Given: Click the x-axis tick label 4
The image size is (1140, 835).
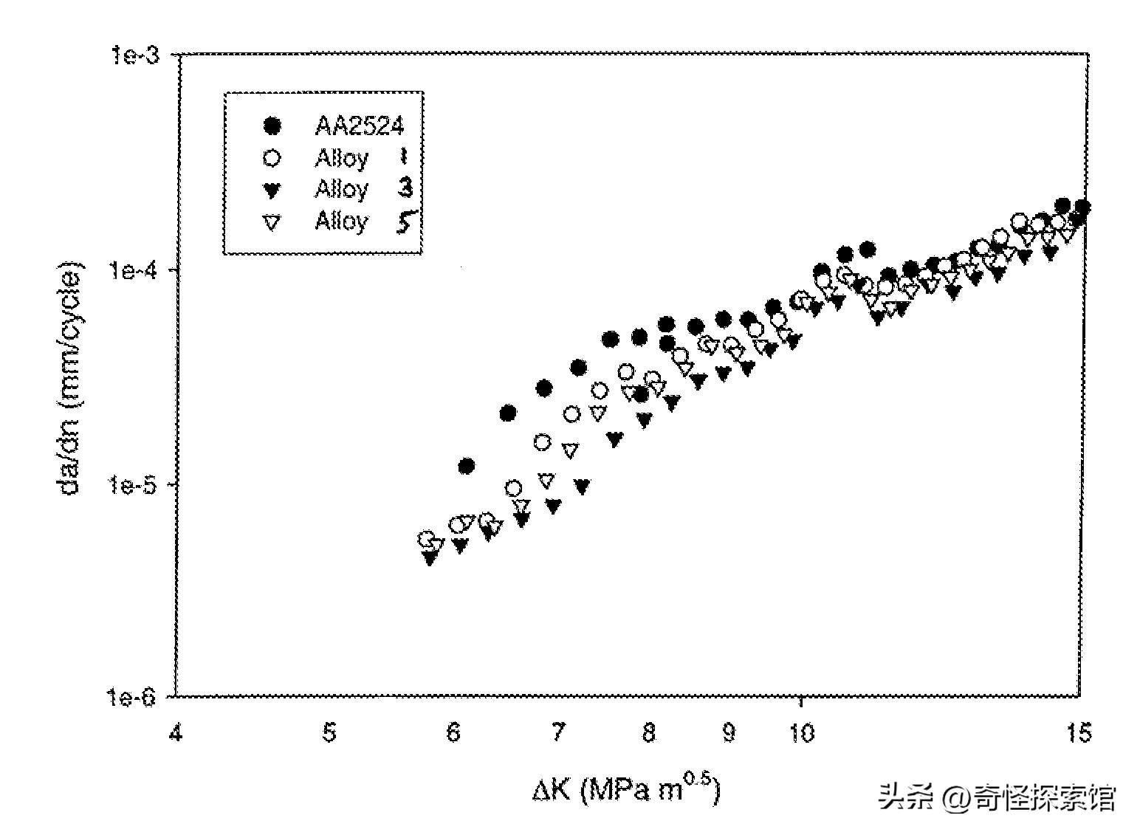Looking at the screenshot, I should point(176,734).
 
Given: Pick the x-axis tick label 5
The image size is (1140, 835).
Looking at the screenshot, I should point(329,734).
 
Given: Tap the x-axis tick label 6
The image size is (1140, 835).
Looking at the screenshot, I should point(454,734).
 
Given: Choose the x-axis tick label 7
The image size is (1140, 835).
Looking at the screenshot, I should point(558,734).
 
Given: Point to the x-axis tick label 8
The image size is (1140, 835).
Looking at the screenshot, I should point(649,734).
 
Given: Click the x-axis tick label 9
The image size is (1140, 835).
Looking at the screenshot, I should point(729,734).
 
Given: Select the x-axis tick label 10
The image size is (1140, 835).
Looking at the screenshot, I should point(801,734).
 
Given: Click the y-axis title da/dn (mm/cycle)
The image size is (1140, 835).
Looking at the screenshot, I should point(72,378).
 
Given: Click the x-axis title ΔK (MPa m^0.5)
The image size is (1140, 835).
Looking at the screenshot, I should point(625,790).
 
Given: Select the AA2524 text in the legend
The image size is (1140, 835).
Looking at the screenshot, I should point(360,126).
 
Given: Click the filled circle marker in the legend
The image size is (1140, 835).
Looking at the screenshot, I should point(272,126).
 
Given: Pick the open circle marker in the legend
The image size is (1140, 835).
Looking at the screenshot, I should point(272,158).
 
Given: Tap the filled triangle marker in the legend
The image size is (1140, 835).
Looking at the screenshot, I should point(272,190).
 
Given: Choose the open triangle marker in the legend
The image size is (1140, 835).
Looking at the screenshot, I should point(272,222).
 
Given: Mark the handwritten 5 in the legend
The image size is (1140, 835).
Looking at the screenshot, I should point(404,221).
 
